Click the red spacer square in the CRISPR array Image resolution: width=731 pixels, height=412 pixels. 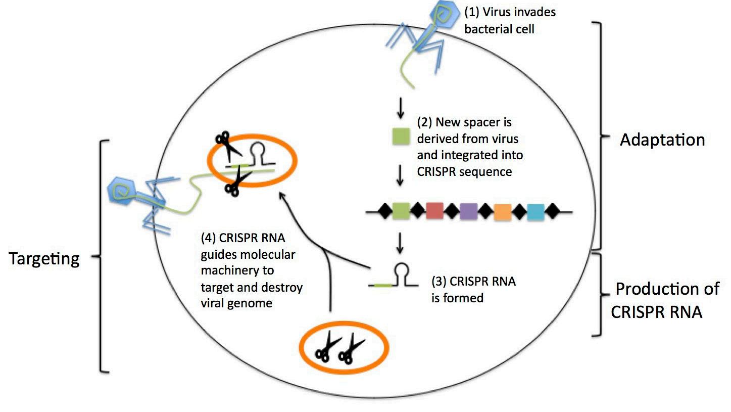point(434,211)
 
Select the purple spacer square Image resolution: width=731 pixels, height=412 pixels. point(469,211)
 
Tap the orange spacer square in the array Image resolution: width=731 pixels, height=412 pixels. point(503,212)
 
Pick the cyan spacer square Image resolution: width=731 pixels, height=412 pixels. point(536,212)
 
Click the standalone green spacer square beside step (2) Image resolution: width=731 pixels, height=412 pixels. point(401,136)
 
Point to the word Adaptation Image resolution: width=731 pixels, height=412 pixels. point(662,140)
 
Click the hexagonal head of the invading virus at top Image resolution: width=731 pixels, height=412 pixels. point(443,15)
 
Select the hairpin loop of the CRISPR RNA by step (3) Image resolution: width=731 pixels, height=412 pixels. point(402,269)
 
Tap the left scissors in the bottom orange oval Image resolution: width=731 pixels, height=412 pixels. point(327,347)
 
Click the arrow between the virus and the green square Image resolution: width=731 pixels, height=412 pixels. point(401,108)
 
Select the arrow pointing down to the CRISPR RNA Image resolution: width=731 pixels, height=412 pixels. point(400,243)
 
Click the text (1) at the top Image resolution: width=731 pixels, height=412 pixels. point(471,13)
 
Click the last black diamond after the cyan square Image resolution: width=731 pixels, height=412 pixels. point(553,211)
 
